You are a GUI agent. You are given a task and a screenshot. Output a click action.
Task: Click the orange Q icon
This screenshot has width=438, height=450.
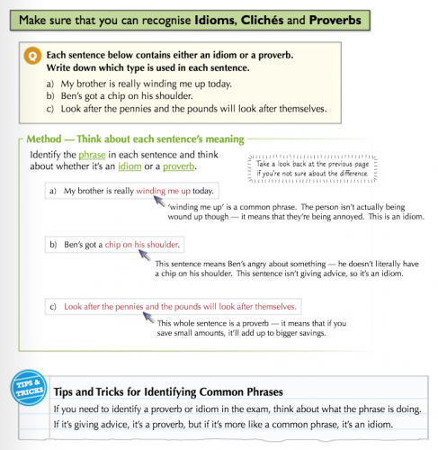pos(32,56)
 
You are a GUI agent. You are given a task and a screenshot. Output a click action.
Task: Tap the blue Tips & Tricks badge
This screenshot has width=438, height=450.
pos(29,388)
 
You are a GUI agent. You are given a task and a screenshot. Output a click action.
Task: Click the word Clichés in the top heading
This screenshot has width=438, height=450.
pos(262,20)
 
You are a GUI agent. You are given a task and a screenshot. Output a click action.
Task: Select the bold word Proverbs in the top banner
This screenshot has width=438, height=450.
pos(335,20)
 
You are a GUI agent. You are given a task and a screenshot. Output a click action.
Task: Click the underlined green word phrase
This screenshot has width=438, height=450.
pos(92,155)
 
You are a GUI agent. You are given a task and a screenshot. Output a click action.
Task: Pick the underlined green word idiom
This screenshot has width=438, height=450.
pos(130,166)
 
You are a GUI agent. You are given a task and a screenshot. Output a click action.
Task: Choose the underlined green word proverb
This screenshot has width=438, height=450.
pos(179,166)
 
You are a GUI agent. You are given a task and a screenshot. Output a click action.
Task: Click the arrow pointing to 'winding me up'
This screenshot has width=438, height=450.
pos(159,201)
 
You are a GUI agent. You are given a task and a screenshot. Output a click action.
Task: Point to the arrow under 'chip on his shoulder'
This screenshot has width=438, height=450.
pos(145,256)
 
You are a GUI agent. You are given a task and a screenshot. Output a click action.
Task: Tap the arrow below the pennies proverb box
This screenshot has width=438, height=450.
pos(148,318)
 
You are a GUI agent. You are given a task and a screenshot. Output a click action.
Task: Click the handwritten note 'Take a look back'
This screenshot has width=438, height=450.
pos(312,168)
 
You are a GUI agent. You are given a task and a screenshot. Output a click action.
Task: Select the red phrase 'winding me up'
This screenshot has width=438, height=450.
pos(163,191)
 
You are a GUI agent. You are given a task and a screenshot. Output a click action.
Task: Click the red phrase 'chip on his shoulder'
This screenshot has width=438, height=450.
pos(141,245)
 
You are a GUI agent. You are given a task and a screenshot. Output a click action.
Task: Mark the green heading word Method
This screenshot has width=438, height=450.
pos(44,139)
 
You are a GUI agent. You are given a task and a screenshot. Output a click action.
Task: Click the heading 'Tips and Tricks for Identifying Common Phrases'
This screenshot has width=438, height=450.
pos(168,391)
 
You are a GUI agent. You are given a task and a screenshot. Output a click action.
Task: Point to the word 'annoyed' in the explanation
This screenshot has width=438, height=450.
pos(349,217)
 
